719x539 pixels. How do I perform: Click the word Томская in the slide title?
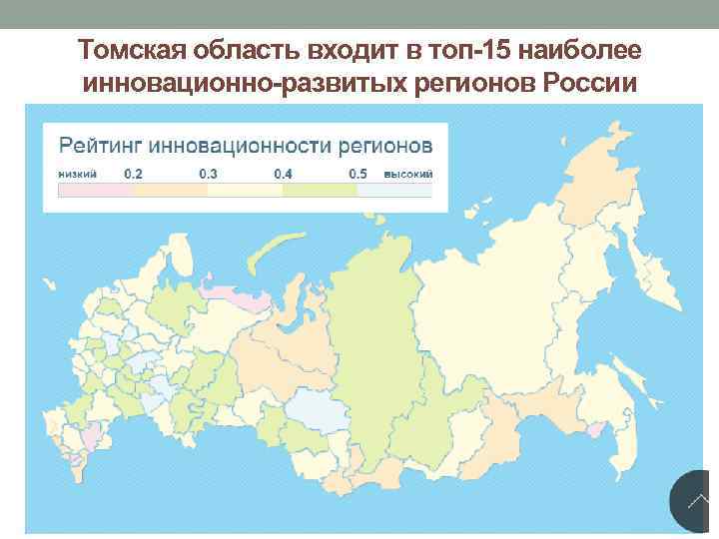click(128, 50)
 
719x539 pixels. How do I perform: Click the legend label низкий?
click(78, 174)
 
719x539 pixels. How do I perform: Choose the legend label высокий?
click(410, 174)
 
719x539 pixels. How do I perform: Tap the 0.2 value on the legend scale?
click(133, 174)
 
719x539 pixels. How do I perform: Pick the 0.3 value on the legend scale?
click(209, 174)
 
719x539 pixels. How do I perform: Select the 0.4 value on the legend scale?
click(284, 174)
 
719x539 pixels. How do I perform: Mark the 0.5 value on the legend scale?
click(358, 174)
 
